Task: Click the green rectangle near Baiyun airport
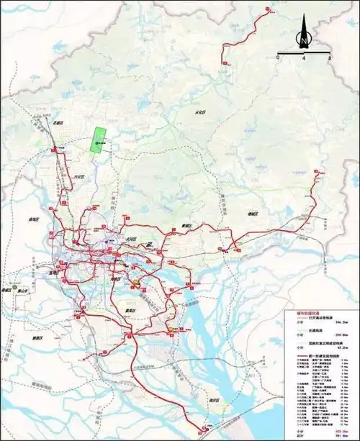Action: (97, 140)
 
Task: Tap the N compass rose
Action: (304, 36)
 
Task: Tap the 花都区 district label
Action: (58, 124)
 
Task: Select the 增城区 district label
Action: (253, 213)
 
